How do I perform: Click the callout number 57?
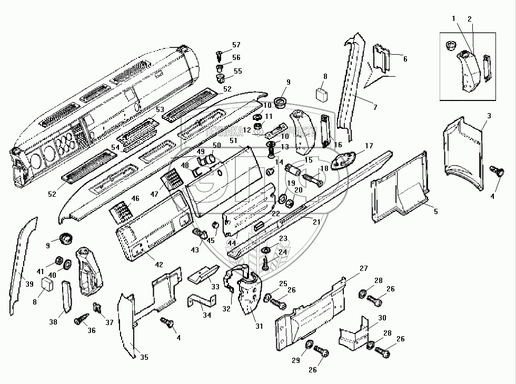click(236, 45)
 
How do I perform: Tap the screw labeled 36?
click(83, 319)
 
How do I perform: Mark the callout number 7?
click(374, 108)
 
